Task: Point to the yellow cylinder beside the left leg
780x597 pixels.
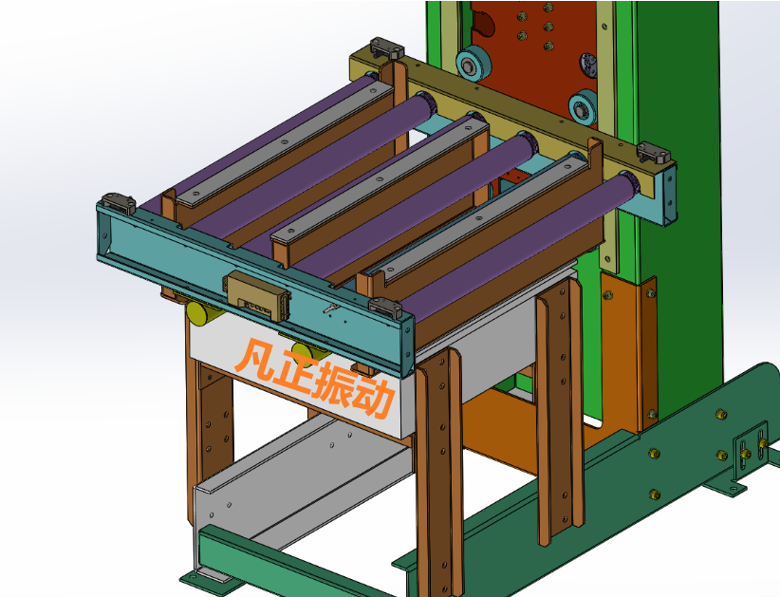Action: (x=202, y=313)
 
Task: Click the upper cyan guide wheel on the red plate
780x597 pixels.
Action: (x=474, y=63)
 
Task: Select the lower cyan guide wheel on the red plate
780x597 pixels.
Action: (x=583, y=107)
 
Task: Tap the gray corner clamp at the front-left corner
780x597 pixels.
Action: (x=119, y=203)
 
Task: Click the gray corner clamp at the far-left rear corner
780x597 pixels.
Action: (x=386, y=47)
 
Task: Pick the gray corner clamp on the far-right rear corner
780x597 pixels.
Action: (x=654, y=152)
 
